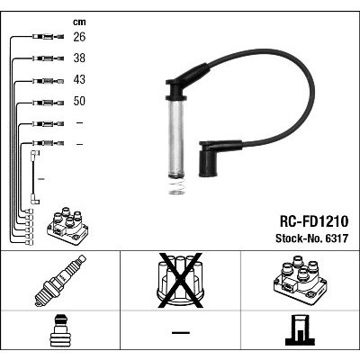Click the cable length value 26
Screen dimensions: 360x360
79,37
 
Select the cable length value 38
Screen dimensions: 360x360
79,58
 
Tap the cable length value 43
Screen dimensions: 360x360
79,79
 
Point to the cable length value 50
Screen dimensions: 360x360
79,101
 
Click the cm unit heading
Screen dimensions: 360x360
79,22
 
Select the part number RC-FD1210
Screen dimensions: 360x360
314,221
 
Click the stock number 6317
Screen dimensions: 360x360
335,238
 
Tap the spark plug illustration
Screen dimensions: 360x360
60,281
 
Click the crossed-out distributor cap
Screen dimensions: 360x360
180,281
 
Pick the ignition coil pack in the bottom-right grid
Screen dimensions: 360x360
300,280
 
